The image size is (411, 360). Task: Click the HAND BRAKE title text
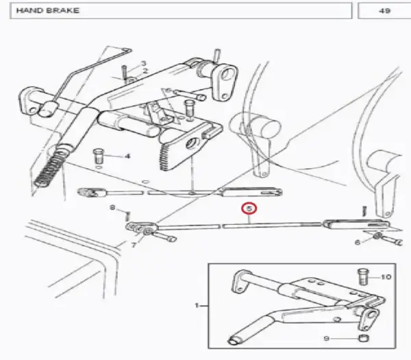(47, 10)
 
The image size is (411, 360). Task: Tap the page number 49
(384, 11)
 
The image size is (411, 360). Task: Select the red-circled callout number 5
(249, 208)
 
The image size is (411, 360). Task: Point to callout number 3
(143, 63)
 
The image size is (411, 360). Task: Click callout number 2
(145, 71)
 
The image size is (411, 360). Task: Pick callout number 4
(127, 156)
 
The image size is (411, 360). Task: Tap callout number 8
(112, 208)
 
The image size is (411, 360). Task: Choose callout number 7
(134, 245)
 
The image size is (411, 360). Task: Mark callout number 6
(358, 242)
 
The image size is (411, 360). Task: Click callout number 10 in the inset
(386, 277)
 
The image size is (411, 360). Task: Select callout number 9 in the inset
(326, 339)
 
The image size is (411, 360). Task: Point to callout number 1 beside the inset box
(197, 305)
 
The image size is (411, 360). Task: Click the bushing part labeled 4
(98, 156)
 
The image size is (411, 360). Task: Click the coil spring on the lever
(51, 167)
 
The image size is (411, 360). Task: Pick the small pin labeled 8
(127, 216)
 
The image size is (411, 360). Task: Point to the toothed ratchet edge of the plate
(164, 157)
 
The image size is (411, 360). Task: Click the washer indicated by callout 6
(377, 235)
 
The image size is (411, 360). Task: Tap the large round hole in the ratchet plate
(192, 143)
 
